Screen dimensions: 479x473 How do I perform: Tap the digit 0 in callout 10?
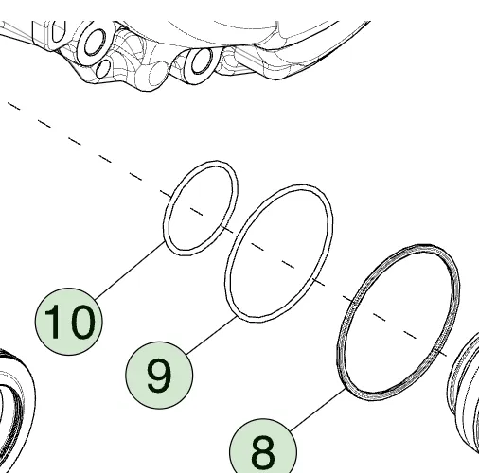point(80,322)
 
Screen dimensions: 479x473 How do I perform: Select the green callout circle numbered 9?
point(159,375)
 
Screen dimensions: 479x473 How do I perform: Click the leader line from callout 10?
point(130,271)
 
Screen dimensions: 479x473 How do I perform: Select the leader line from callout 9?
point(211,336)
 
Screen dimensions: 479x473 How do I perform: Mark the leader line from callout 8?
point(318,410)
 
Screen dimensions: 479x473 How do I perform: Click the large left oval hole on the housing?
point(94,43)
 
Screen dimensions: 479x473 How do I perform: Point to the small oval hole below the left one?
point(103,69)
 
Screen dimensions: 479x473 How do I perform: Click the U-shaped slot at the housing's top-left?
point(58,31)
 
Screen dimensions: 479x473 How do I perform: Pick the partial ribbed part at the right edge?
point(464,390)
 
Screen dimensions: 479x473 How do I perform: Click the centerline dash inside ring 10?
point(196,211)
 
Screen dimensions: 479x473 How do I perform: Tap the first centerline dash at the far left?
point(14,106)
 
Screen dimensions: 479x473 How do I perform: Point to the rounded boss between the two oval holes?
point(158,75)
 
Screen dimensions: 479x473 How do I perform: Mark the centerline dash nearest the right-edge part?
point(441,353)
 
